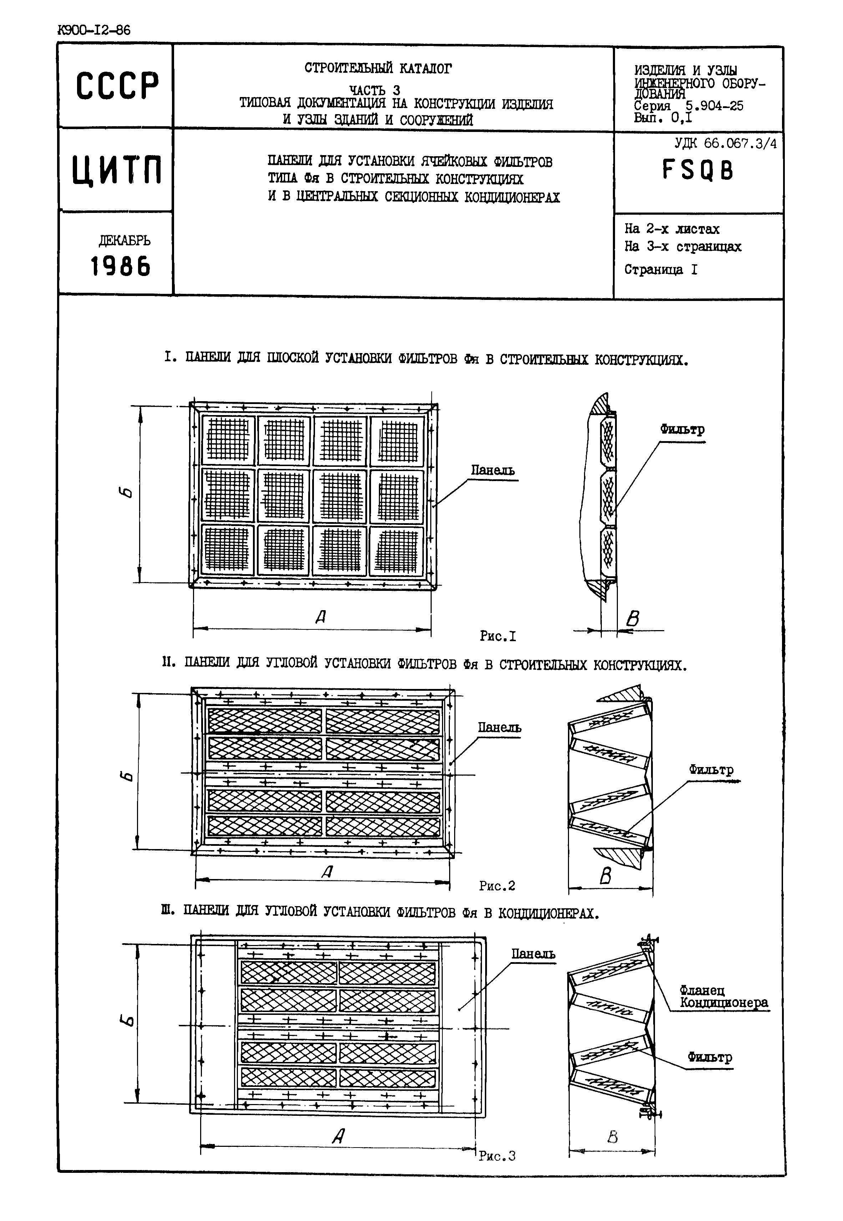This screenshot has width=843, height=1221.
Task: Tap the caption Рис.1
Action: pos(498,636)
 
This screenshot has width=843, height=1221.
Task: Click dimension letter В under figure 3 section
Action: pos(612,1136)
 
